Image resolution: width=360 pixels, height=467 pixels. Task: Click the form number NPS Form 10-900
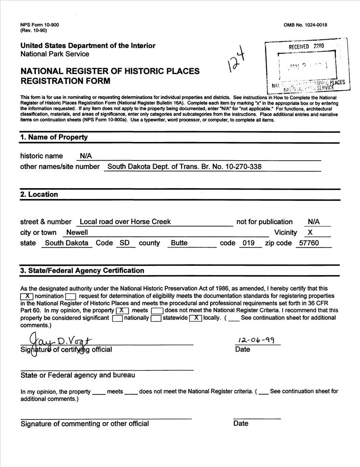click(x=40, y=24)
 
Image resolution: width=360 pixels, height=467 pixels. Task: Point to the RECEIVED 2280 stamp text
click(x=306, y=46)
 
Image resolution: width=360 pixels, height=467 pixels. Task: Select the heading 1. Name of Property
click(x=54, y=137)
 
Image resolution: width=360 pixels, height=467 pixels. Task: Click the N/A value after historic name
click(x=85, y=156)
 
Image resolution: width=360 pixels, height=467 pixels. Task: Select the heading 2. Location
click(x=39, y=194)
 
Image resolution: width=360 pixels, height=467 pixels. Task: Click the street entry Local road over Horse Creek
click(x=125, y=222)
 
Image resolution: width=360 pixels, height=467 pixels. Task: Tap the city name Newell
click(x=77, y=233)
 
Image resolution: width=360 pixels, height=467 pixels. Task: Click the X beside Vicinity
click(x=311, y=233)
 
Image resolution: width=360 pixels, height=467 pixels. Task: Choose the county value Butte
click(x=179, y=243)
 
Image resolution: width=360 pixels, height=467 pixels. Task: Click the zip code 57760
click(x=309, y=243)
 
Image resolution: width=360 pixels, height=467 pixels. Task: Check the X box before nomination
click(x=27, y=296)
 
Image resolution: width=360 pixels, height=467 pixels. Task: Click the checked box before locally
click(x=195, y=318)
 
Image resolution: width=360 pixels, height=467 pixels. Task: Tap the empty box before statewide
click(x=156, y=318)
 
